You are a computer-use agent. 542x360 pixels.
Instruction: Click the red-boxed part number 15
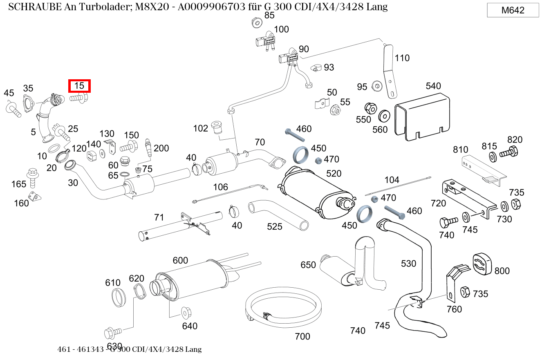pos(79,86)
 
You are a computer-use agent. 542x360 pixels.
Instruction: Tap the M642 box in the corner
pos(513,11)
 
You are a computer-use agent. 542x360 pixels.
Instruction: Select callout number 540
pos(433,86)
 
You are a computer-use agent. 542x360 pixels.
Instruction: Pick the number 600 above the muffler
pos(180,260)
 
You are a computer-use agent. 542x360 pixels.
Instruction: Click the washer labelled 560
pos(384,116)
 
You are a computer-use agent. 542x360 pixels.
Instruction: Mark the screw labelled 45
pos(13,109)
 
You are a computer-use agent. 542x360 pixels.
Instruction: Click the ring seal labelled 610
pos(119,297)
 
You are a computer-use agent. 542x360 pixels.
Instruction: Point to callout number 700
pos(302,336)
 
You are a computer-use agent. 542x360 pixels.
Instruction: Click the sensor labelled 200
pos(149,148)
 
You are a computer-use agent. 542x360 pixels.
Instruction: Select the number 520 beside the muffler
pos(334,174)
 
